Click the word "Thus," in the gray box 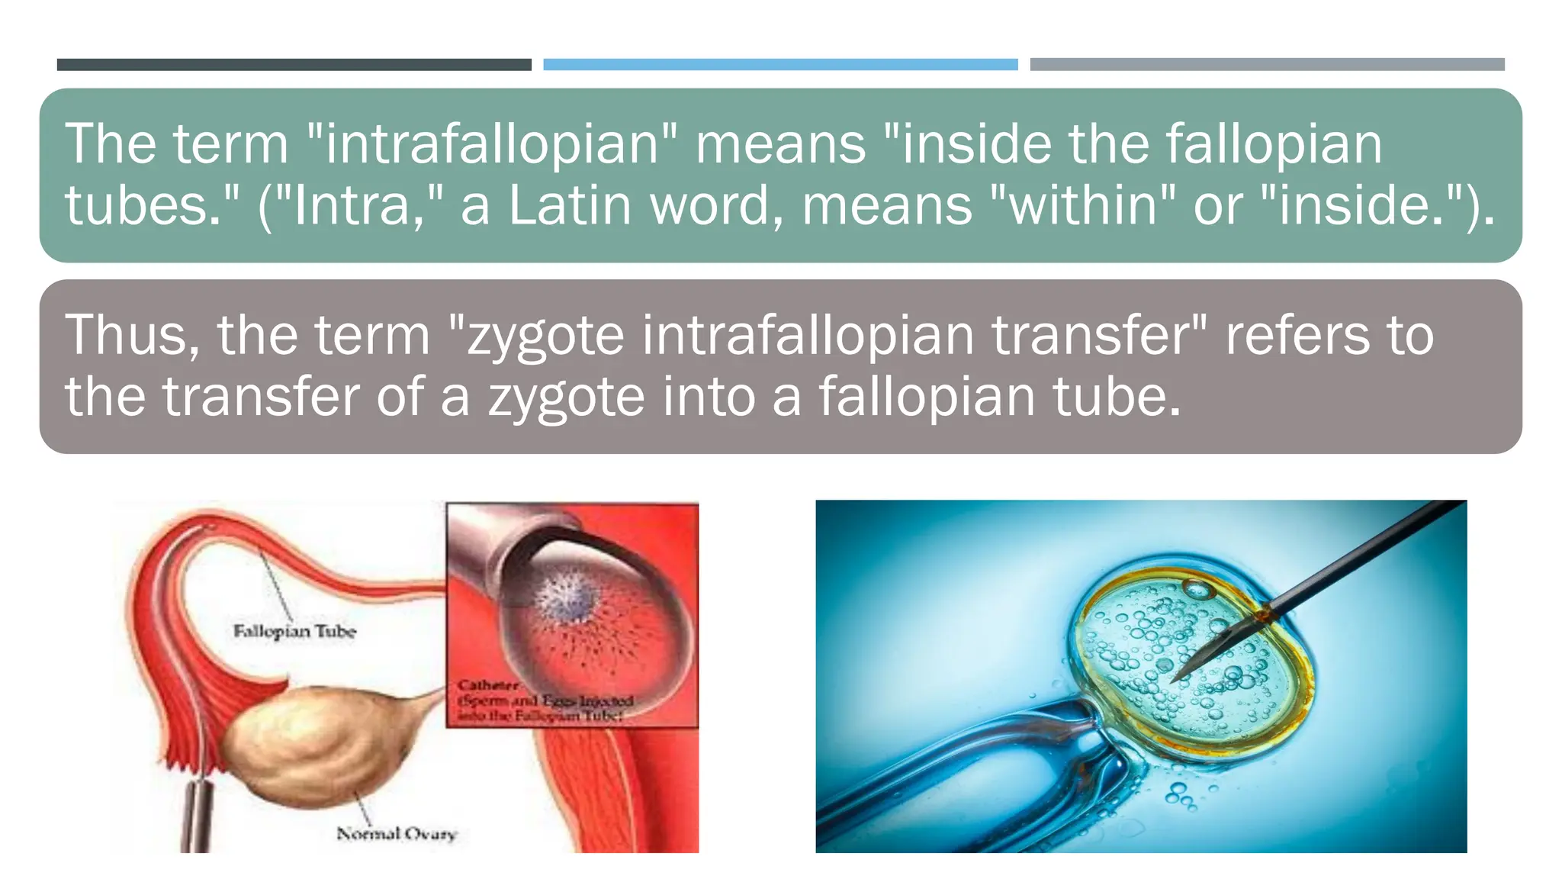coord(132,336)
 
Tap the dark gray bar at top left coord(294,65)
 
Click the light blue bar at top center coord(780,65)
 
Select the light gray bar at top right coord(1267,65)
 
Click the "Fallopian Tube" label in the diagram coord(294,632)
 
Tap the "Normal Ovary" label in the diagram coord(397,834)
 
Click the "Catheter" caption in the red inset coord(488,685)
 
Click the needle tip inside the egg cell coord(1178,676)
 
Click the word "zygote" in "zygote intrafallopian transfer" coord(545,336)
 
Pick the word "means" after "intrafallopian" coord(780,144)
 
